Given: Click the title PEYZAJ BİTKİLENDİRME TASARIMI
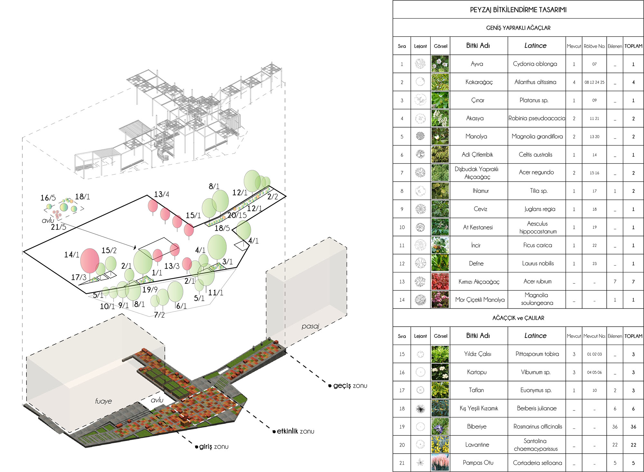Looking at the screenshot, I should [x=518, y=10].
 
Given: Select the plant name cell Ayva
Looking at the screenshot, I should [x=477, y=64].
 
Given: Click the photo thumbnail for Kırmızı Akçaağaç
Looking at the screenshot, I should [x=440, y=281].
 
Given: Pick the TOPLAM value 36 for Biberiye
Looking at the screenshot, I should [x=633, y=427].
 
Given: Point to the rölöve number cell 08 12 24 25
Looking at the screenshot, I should [x=594, y=82].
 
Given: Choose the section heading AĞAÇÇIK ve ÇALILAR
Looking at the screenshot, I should [x=518, y=318].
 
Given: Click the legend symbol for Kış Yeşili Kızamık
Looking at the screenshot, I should [x=420, y=408].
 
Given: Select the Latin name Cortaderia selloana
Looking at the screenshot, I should [x=537, y=463].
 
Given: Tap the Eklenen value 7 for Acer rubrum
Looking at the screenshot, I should [x=615, y=281].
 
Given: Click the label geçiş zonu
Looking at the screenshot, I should [x=350, y=386].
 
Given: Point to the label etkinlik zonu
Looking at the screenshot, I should [x=295, y=431].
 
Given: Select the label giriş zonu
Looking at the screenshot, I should [x=213, y=447].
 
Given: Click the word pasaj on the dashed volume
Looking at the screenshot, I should [x=310, y=326].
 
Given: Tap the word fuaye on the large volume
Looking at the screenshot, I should [x=103, y=401].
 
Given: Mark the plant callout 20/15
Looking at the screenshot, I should [x=237, y=215].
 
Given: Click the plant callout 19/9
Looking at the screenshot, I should [x=150, y=290].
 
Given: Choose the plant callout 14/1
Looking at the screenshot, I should [x=71, y=255].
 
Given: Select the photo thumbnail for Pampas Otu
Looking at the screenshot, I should [x=440, y=463].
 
